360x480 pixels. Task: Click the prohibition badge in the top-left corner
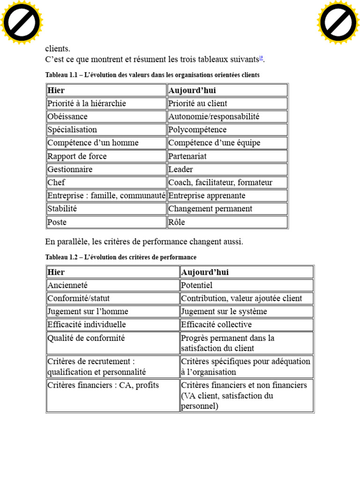tap(22, 22)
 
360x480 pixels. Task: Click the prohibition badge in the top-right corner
tap(338, 22)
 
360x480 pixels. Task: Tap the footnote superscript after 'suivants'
tap(261, 58)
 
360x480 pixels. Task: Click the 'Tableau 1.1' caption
tap(152, 75)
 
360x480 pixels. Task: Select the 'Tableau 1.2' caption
tap(121, 257)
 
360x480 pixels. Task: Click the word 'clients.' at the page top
tap(58, 48)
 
